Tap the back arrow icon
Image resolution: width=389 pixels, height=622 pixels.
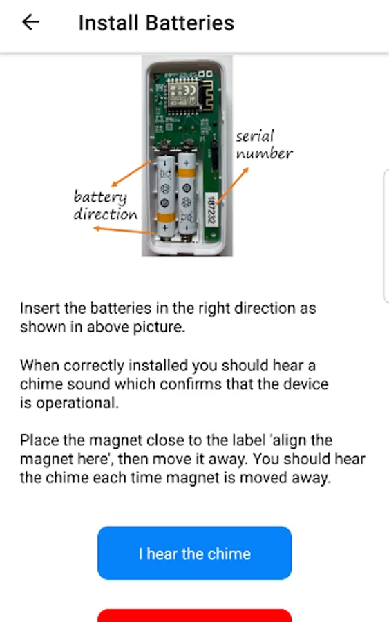tap(30, 22)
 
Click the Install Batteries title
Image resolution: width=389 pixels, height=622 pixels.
tap(156, 23)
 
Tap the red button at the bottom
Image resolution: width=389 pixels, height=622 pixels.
tap(194, 615)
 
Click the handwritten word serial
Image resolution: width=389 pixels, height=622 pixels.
tap(254, 136)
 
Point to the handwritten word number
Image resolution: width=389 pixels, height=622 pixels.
tap(265, 153)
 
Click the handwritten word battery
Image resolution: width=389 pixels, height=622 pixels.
tap(100, 198)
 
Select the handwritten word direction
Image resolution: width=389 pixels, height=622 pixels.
tap(106, 214)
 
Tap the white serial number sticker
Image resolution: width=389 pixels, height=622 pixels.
tap(211, 209)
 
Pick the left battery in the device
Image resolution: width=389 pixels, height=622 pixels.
tap(166, 196)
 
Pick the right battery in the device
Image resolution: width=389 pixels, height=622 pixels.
tap(187, 194)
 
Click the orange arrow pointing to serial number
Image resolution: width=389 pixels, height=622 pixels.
tap(232, 186)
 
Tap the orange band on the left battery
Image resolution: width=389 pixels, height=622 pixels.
tap(166, 218)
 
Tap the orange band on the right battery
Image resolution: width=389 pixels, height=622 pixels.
tap(187, 173)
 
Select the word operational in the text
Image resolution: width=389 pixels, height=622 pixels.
tap(77, 403)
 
